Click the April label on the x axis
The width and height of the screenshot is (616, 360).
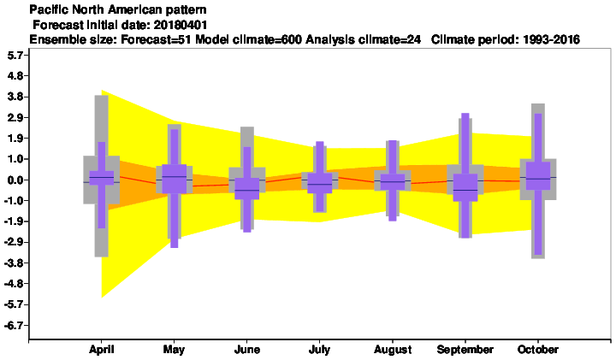[101, 350]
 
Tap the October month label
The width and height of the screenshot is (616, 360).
[538, 350]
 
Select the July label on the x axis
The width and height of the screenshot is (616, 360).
[319, 350]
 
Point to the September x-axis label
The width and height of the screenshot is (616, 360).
[465, 350]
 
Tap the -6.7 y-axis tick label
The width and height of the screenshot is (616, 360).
[15, 325]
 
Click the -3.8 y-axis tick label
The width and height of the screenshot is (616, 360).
[15, 263]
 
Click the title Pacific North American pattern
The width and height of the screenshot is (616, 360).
[118, 9]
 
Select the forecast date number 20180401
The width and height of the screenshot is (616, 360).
[181, 25]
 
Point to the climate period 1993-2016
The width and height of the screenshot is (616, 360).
[552, 39]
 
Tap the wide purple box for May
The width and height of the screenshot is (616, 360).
[175, 179]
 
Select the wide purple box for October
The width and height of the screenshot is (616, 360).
[538, 176]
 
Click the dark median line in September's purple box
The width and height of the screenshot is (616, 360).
[465, 190]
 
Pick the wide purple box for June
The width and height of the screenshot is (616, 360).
[247, 188]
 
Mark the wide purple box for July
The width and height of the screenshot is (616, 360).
[319, 182]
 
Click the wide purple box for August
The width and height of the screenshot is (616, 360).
[393, 182]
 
